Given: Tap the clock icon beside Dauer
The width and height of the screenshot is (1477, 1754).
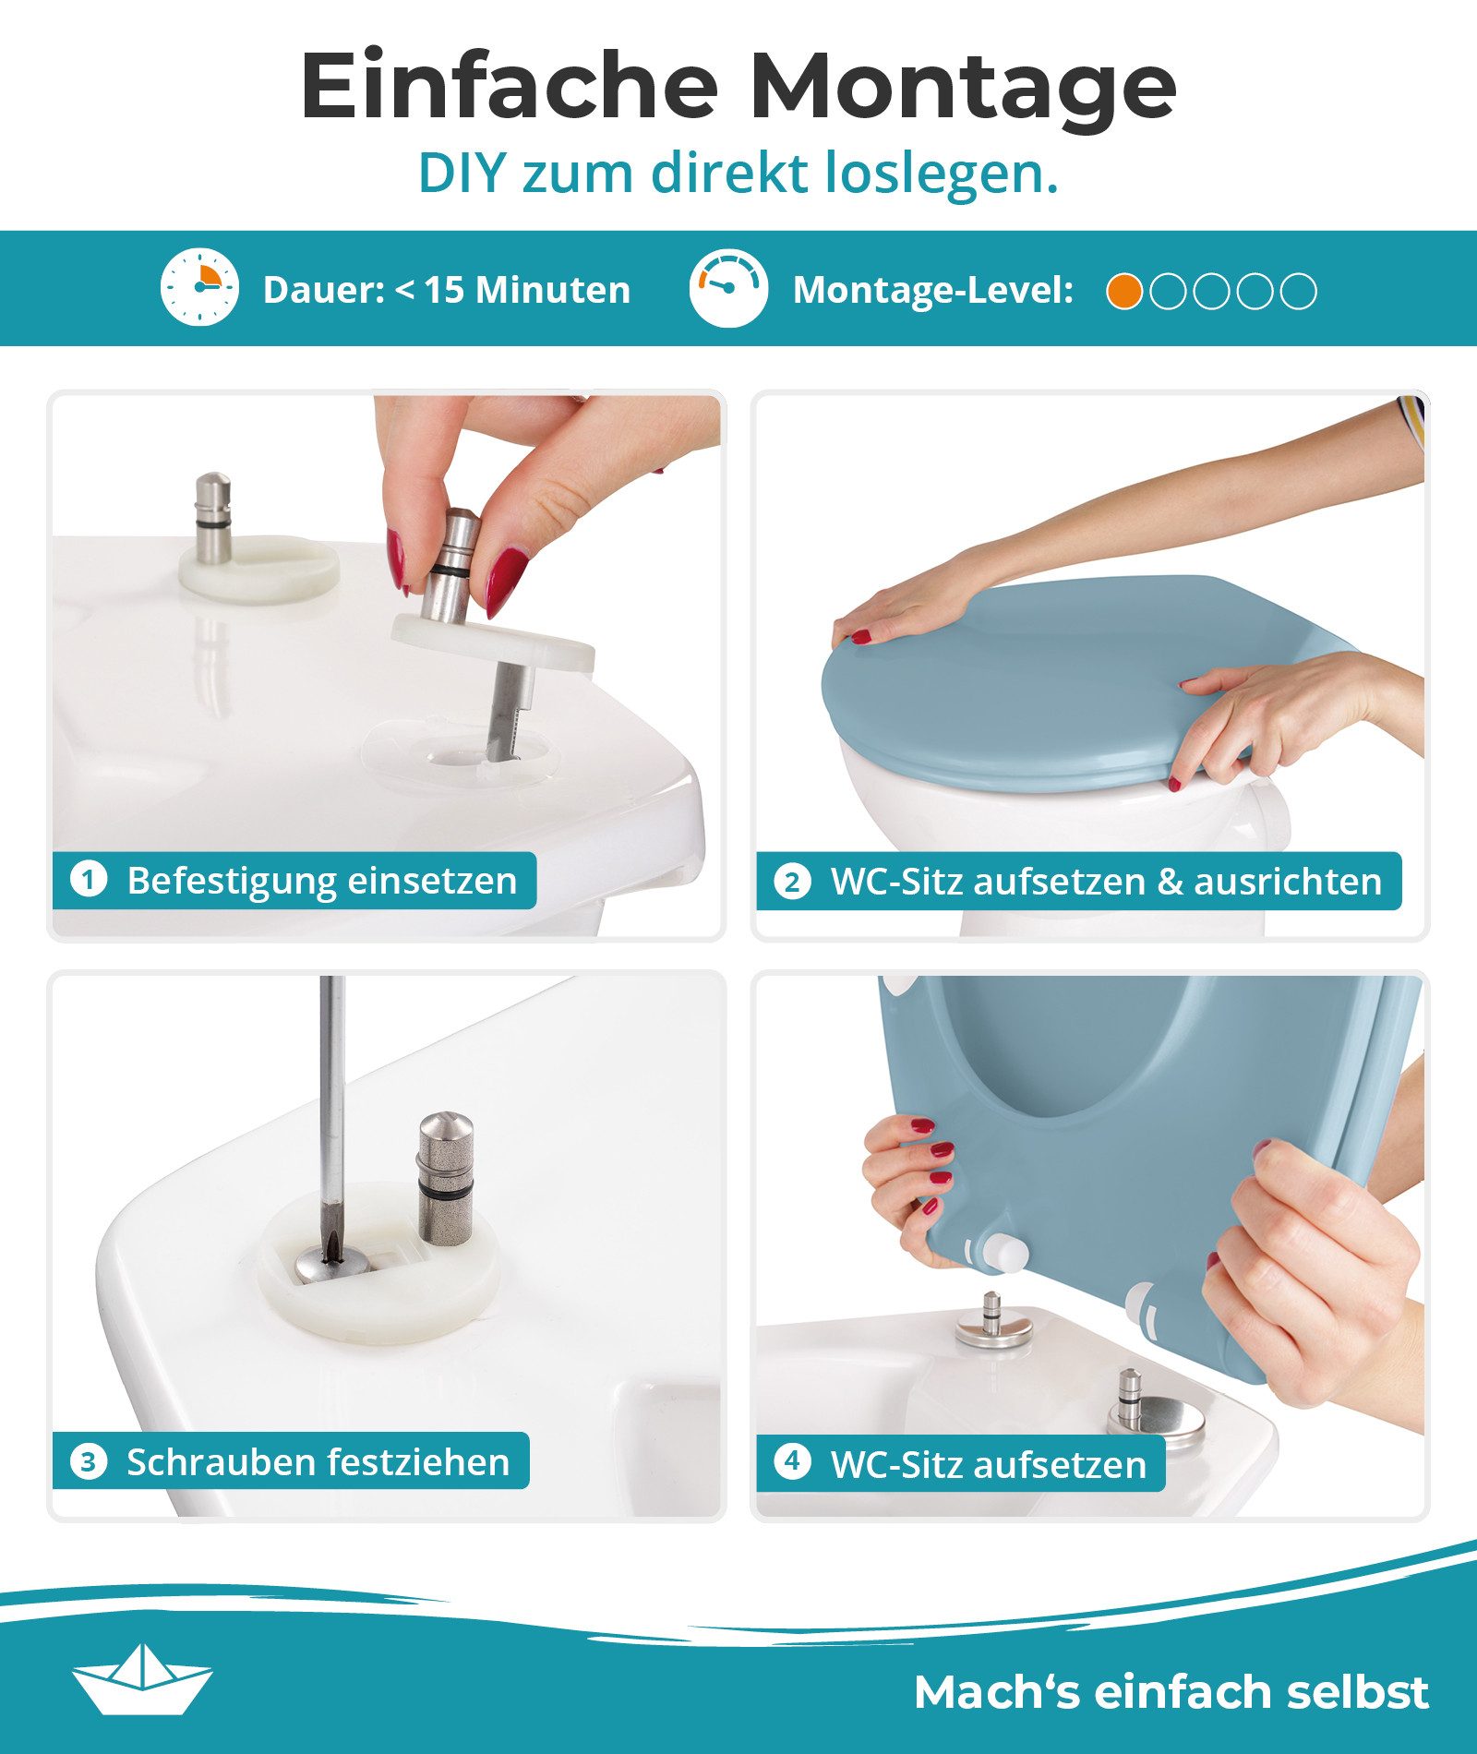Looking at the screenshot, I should [199, 287].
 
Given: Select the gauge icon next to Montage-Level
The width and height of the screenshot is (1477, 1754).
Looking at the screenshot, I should [728, 287].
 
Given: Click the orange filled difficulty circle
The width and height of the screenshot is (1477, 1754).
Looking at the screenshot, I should [1124, 292].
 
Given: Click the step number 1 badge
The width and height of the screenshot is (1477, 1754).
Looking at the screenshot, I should [89, 879].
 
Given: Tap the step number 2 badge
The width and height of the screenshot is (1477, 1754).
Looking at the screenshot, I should [792, 882].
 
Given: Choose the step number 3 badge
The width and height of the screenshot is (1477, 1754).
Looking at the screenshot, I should [89, 1461].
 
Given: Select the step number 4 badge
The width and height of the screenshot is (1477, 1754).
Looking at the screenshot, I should [792, 1461].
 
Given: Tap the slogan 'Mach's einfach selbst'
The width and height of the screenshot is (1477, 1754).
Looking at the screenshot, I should [1171, 1691].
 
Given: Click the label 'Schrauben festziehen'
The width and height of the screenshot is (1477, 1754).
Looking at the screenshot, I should [318, 1462].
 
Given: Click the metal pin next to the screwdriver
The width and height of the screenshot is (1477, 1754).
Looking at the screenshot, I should [445, 1177].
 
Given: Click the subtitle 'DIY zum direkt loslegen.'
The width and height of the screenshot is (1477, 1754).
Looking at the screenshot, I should [738, 173].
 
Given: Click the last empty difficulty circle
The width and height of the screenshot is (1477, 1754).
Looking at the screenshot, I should [1299, 292].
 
